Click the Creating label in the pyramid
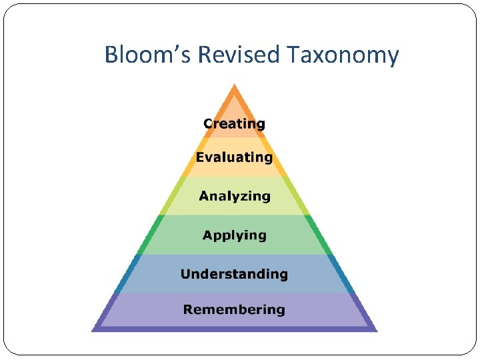coord(234,124)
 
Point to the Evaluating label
coord(234,158)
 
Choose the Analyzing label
coord(235,197)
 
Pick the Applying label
coord(235,235)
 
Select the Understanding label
coord(234,274)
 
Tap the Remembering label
coord(234,309)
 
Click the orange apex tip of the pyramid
coord(234,87)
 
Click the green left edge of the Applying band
coord(149,235)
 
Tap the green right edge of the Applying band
coord(319,235)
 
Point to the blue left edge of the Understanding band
coord(127,274)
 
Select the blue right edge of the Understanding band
coord(341,274)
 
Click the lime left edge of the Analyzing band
coord(171,195)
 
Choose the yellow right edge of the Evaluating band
coord(279,157)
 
